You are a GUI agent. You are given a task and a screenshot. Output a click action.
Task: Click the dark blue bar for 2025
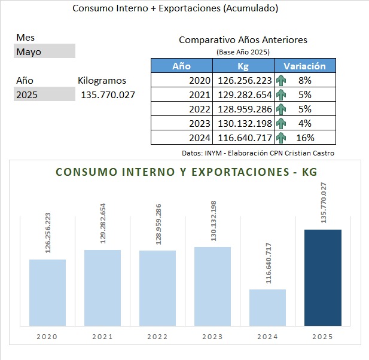click(323, 277)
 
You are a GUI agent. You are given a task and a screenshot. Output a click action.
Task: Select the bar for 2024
click(267, 307)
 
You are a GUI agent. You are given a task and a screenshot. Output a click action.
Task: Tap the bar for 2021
click(102, 288)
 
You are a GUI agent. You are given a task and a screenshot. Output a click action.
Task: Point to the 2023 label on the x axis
click(212, 337)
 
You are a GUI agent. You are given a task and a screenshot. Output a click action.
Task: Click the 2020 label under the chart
click(47, 337)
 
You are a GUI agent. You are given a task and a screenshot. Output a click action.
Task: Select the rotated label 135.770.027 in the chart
click(324, 203)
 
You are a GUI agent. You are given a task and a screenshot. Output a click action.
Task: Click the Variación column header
click(304, 66)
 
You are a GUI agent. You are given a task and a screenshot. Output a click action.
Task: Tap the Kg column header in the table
click(243, 66)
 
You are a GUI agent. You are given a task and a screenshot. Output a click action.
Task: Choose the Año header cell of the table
click(181, 66)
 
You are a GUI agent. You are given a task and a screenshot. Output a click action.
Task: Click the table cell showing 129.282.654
click(245, 94)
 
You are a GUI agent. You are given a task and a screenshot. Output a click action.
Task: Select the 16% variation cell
click(304, 138)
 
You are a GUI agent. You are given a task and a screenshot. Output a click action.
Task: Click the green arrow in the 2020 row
click(280, 80)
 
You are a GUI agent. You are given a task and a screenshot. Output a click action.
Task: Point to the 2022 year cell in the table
click(200, 109)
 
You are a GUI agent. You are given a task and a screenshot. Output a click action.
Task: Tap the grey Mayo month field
click(45, 51)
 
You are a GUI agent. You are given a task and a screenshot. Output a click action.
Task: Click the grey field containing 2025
click(45, 94)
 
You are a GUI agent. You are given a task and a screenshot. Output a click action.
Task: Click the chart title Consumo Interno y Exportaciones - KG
click(186, 172)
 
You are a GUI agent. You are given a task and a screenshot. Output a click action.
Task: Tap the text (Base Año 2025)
click(243, 52)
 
